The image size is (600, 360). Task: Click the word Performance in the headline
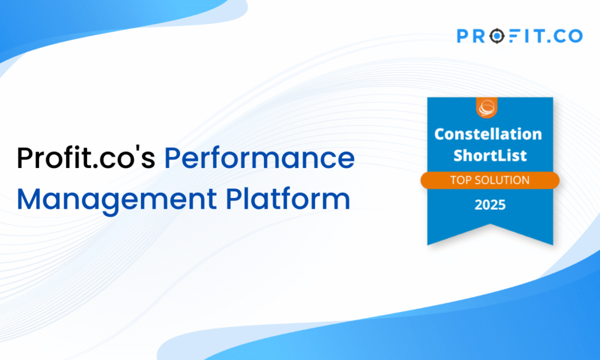[x=259, y=158]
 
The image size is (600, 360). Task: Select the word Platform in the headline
[x=288, y=198]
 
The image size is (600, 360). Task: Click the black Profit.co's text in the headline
[x=86, y=158]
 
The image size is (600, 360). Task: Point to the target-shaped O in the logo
[x=497, y=36]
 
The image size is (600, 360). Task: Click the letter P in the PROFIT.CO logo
[x=463, y=36]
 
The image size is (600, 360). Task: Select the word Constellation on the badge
[x=488, y=134]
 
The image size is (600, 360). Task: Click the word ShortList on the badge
[x=490, y=155]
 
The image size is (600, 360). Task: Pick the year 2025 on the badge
[x=490, y=205]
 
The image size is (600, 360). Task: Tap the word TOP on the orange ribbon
[x=461, y=180]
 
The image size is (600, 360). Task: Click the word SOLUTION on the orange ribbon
[x=502, y=180]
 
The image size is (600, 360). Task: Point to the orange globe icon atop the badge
[x=487, y=107]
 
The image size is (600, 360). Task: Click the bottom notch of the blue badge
[x=491, y=225]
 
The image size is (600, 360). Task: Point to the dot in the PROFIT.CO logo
[x=549, y=41]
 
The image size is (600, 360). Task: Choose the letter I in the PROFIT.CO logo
[x=525, y=36]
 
